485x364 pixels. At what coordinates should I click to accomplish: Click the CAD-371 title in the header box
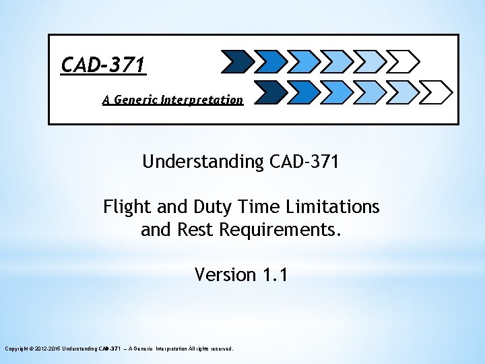pyautogui.click(x=103, y=65)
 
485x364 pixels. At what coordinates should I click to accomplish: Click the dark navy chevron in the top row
pyautogui.click(x=236, y=61)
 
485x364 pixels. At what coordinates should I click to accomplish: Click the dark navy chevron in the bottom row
pyautogui.click(x=269, y=91)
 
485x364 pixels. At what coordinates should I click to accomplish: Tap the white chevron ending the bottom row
pyautogui.click(x=437, y=91)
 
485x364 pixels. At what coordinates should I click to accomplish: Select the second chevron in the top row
pyautogui.click(x=271, y=61)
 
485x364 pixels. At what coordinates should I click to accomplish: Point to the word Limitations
pyautogui.click(x=328, y=206)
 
